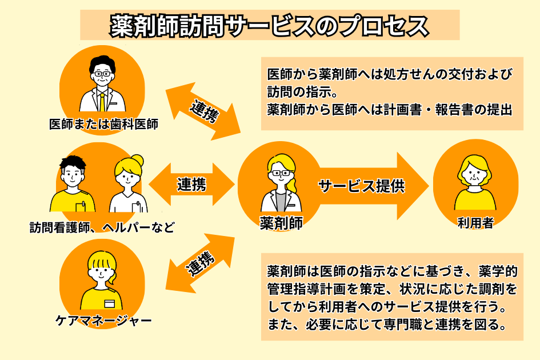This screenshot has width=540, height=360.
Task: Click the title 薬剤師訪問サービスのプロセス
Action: [269, 25]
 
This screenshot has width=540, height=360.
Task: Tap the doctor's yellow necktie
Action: [102, 102]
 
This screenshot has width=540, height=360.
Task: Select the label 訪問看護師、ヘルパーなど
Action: [102, 227]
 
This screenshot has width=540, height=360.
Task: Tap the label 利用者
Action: [475, 223]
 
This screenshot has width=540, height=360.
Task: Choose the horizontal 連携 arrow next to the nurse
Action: [191, 184]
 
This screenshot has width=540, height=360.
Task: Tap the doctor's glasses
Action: [102, 74]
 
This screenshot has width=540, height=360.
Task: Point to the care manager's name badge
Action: [109, 303]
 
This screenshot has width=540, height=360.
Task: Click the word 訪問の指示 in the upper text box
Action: [295, 91]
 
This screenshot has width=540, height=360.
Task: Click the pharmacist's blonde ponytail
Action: [294, 181]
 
